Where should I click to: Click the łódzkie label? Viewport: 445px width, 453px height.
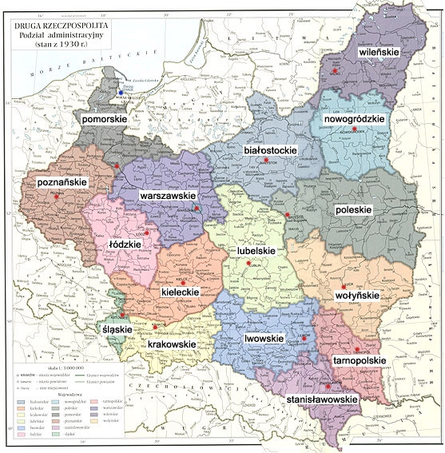(125, 244)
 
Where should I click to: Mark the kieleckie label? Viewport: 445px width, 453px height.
(181, 293)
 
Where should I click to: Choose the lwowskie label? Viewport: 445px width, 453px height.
(268, 339)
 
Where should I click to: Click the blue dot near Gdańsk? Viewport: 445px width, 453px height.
(121, 93)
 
